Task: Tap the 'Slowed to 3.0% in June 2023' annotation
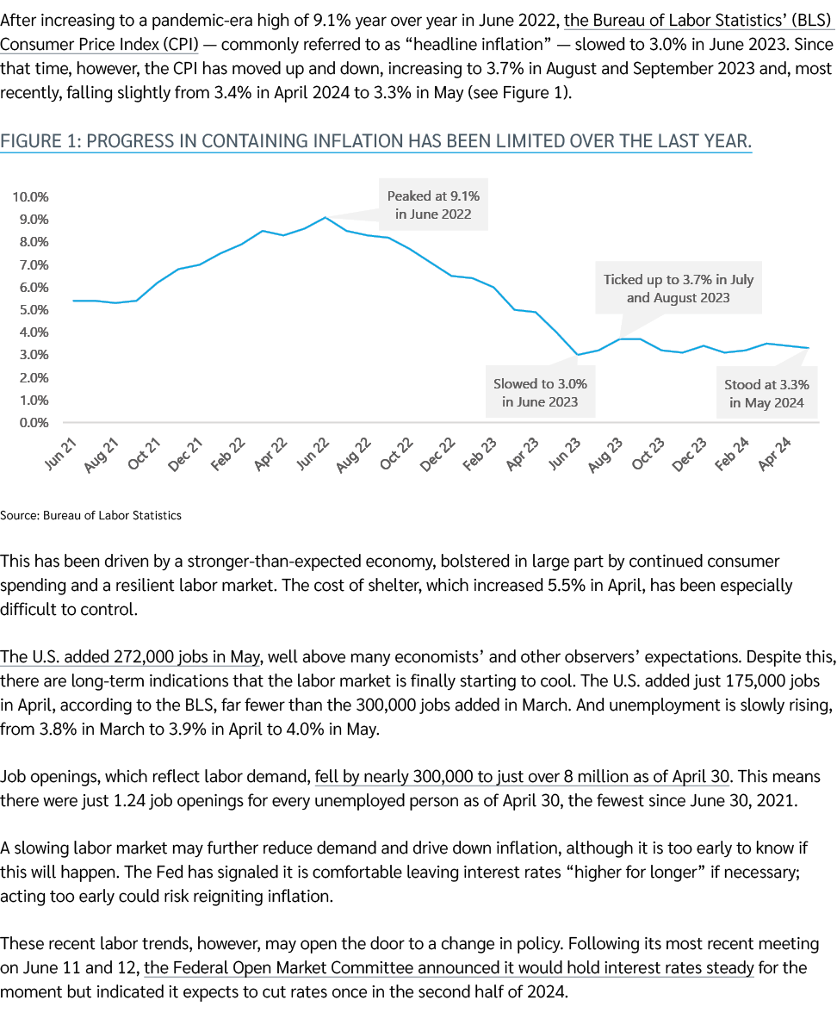point(540,393)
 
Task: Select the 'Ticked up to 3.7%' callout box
point(678,289)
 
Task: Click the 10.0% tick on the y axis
point(30,196)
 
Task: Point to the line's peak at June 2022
point(325,217)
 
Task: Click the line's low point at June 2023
point(577,355)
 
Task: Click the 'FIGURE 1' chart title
point(375,141)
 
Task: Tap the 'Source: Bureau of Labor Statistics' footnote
point(91,515)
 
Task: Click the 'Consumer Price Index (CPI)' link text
point(100,43)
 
